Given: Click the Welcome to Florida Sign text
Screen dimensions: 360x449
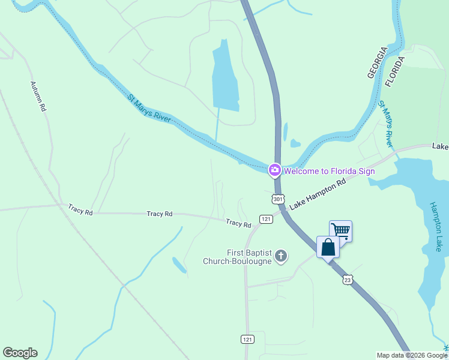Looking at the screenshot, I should coord(329,171).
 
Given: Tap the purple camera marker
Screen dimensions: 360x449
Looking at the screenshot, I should coord(274,170).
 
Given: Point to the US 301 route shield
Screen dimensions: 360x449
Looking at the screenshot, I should coord(277,199).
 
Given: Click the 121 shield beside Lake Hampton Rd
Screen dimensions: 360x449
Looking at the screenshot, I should coord(266,218).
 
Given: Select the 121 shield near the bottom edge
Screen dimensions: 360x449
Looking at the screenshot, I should coord(247,339).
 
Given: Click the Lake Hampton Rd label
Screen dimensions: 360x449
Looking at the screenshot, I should coord(318,194).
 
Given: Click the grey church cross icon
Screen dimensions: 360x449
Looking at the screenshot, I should coord(280,257).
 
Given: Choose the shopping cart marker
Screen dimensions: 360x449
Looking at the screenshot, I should coord(340,230).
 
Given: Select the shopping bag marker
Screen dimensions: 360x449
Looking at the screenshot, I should coord(328,247).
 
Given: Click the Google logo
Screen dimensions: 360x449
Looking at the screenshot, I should coord(20,353).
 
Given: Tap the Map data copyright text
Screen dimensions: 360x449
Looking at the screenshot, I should coord(412,355).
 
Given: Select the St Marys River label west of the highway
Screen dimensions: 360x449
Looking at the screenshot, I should coord(149,108).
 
